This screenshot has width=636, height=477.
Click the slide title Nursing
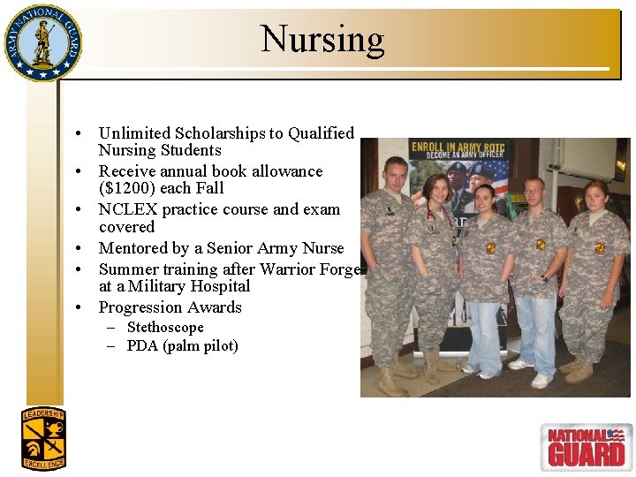click(322, 40)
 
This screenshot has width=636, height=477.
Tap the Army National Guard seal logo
click(42, 42)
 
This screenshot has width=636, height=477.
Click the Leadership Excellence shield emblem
click(43, 438)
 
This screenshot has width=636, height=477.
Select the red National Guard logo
click(586, 446)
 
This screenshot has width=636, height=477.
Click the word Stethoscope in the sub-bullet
click(165, 327)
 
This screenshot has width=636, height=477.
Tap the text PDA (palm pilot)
click(182, 345)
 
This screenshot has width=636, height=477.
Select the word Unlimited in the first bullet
click(135, 133)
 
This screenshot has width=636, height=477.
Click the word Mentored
click(135, 248)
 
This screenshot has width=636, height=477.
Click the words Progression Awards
click(170, 307)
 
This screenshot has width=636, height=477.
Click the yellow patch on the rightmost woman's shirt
click(599, 248)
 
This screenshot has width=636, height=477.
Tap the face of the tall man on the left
click(395, 174)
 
